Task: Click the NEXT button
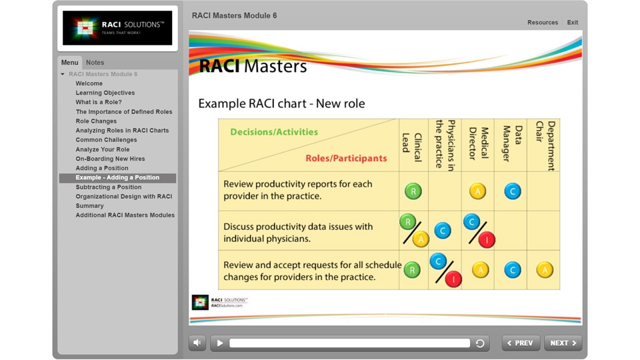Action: (563, 343)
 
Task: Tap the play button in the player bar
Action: (220, 343)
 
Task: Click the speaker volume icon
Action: (197, 343)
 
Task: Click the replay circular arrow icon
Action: (480, 343)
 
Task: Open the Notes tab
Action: (95, 63)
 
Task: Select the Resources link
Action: (542, 23)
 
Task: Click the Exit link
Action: (572, 23)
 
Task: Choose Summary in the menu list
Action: (89, 206)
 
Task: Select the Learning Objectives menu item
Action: (105, 93)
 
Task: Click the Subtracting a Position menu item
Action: (108, 187)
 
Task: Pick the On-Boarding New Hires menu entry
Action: (110, 159)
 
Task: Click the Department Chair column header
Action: (544, 145)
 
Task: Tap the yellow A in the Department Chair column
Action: (545, 270)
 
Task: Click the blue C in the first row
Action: (512, 191)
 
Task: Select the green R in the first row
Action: (413, 191)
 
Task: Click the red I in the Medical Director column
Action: (487, 240)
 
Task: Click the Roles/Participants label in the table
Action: (346, 159)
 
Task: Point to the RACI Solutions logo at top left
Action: (117, 28)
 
